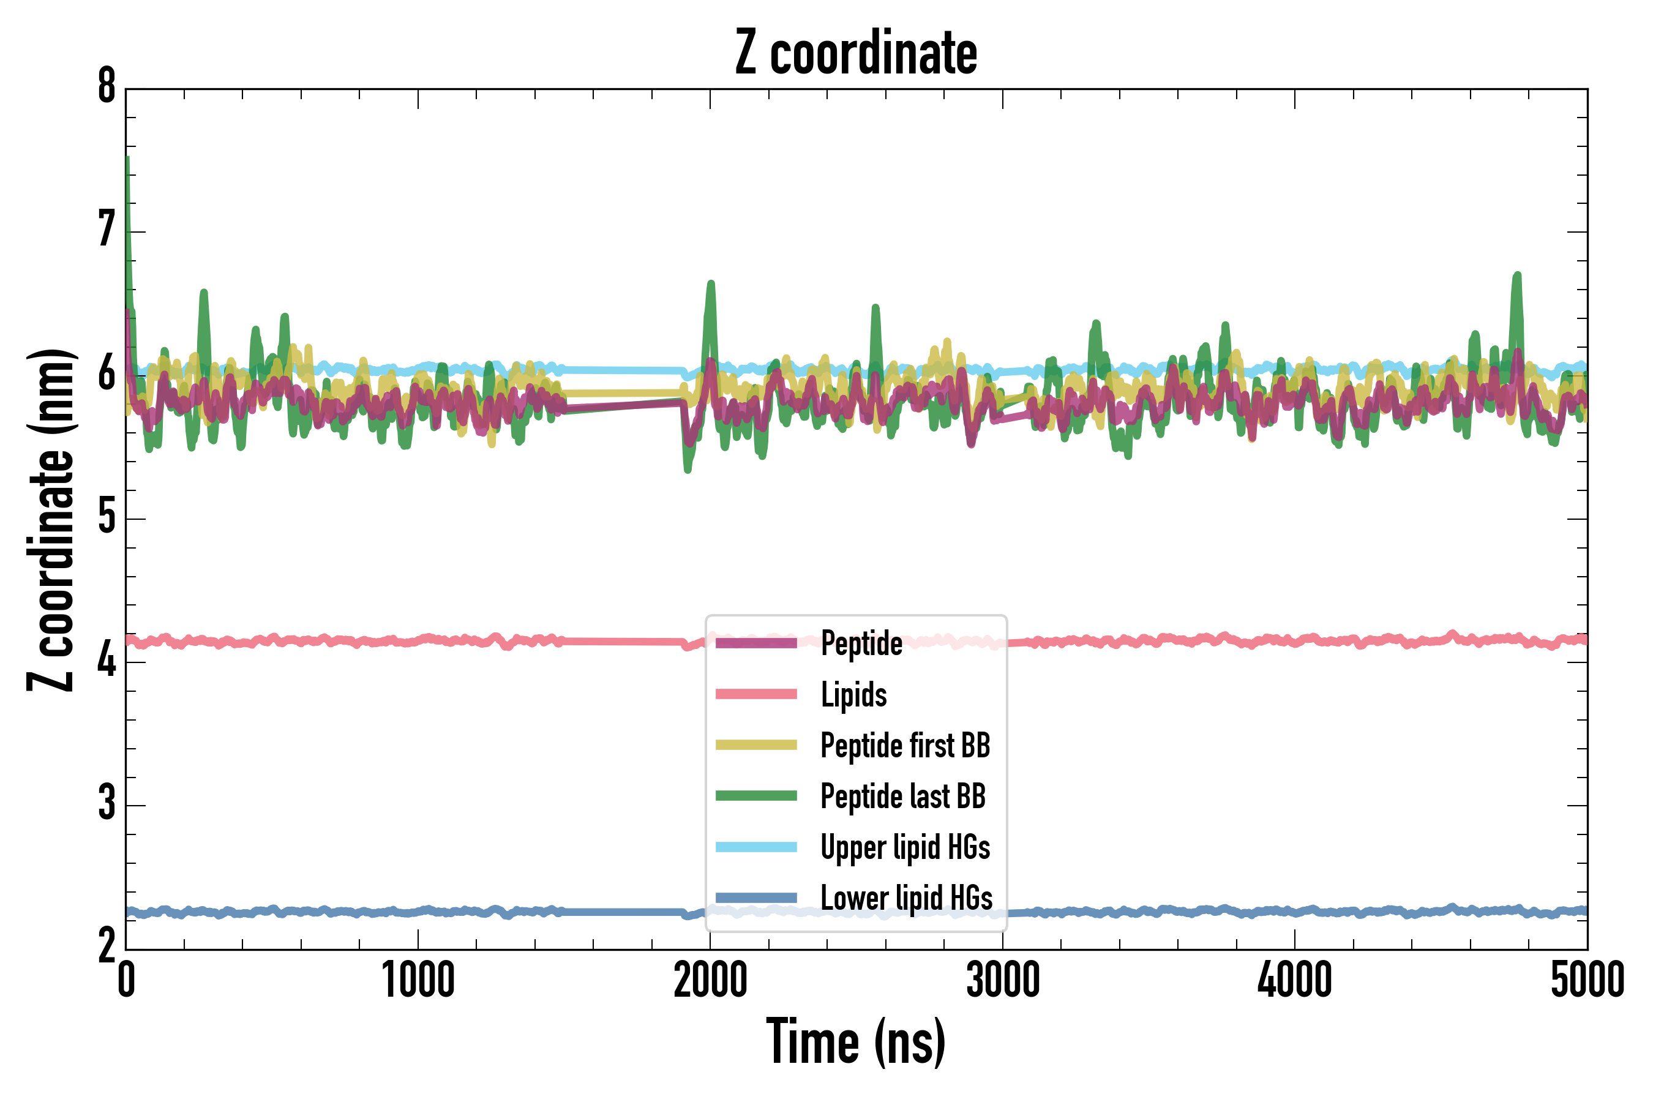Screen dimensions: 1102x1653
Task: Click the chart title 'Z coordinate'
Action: [x=855, y=53]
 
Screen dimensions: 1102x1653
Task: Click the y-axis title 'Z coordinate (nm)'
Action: [x=51, y=519]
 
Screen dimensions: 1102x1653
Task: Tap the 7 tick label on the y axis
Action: [x=107, y=231]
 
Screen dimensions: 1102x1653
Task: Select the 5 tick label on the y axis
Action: [x=107, y=518]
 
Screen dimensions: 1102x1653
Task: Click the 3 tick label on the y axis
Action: [x=107, y=804]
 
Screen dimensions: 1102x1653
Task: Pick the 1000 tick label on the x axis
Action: [x=418, y=980]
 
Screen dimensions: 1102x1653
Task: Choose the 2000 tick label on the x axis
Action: [x=710, y=980]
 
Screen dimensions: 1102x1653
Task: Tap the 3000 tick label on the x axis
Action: [x=1002, y=980]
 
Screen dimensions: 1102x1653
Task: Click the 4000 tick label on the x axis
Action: [x=1295, y=980]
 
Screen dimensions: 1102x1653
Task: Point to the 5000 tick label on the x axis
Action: [x=1587, y=980]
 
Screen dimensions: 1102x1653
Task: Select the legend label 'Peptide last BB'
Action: [x=903, y=797]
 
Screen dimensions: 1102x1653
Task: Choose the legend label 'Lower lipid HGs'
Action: [x=907, y=898]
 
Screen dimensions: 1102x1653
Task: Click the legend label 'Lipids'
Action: [x=854, y=694]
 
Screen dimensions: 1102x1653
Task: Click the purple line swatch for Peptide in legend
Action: [x=755, y=643]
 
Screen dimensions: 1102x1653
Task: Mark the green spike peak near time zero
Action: [x=127, y=159]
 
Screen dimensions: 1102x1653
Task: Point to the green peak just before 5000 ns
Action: [x=1517, y=275]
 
